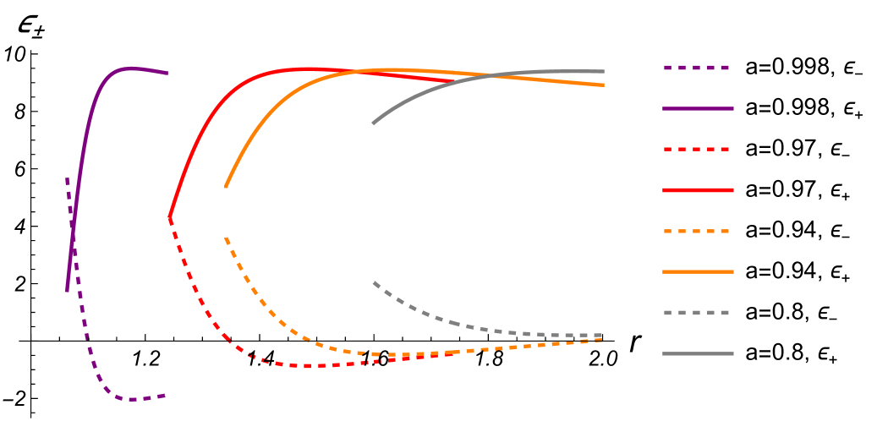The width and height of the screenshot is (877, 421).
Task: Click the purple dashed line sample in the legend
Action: [x=698, y=68]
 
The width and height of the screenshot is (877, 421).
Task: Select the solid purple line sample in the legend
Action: [x=698, y=108]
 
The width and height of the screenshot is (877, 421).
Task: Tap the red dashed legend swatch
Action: [x=698, y=150]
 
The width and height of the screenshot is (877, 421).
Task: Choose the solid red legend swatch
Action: [x=698, y=190]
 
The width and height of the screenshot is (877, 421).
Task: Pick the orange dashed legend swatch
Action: [x=698, y=231]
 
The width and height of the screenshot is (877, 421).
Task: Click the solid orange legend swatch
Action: [x=698, y=272]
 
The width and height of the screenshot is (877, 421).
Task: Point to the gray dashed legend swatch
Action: [x=698, y=313]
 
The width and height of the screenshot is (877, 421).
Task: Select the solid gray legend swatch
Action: [x=698, y=353]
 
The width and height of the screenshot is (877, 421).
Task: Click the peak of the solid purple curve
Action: [x=131, y=68]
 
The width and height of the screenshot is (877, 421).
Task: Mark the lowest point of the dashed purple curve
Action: [x=133, y=399]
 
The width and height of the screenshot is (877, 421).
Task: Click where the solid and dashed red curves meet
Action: [x=170, y=218]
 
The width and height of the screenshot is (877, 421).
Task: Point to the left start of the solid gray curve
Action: [x=373, y=124]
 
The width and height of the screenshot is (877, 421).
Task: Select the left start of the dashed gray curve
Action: [x=373, y=282]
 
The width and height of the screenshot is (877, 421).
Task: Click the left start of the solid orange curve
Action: [x=226, y=187]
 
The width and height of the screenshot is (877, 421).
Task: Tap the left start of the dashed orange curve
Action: [x=226, y=238]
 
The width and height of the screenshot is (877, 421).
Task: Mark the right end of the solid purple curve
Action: [x=167, y=74]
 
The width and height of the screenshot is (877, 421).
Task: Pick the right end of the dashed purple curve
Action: [x=166, y=395]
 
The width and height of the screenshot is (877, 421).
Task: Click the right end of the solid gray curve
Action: [x=604, y=71]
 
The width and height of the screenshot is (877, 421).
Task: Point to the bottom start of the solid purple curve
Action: [x=67, y=292]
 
